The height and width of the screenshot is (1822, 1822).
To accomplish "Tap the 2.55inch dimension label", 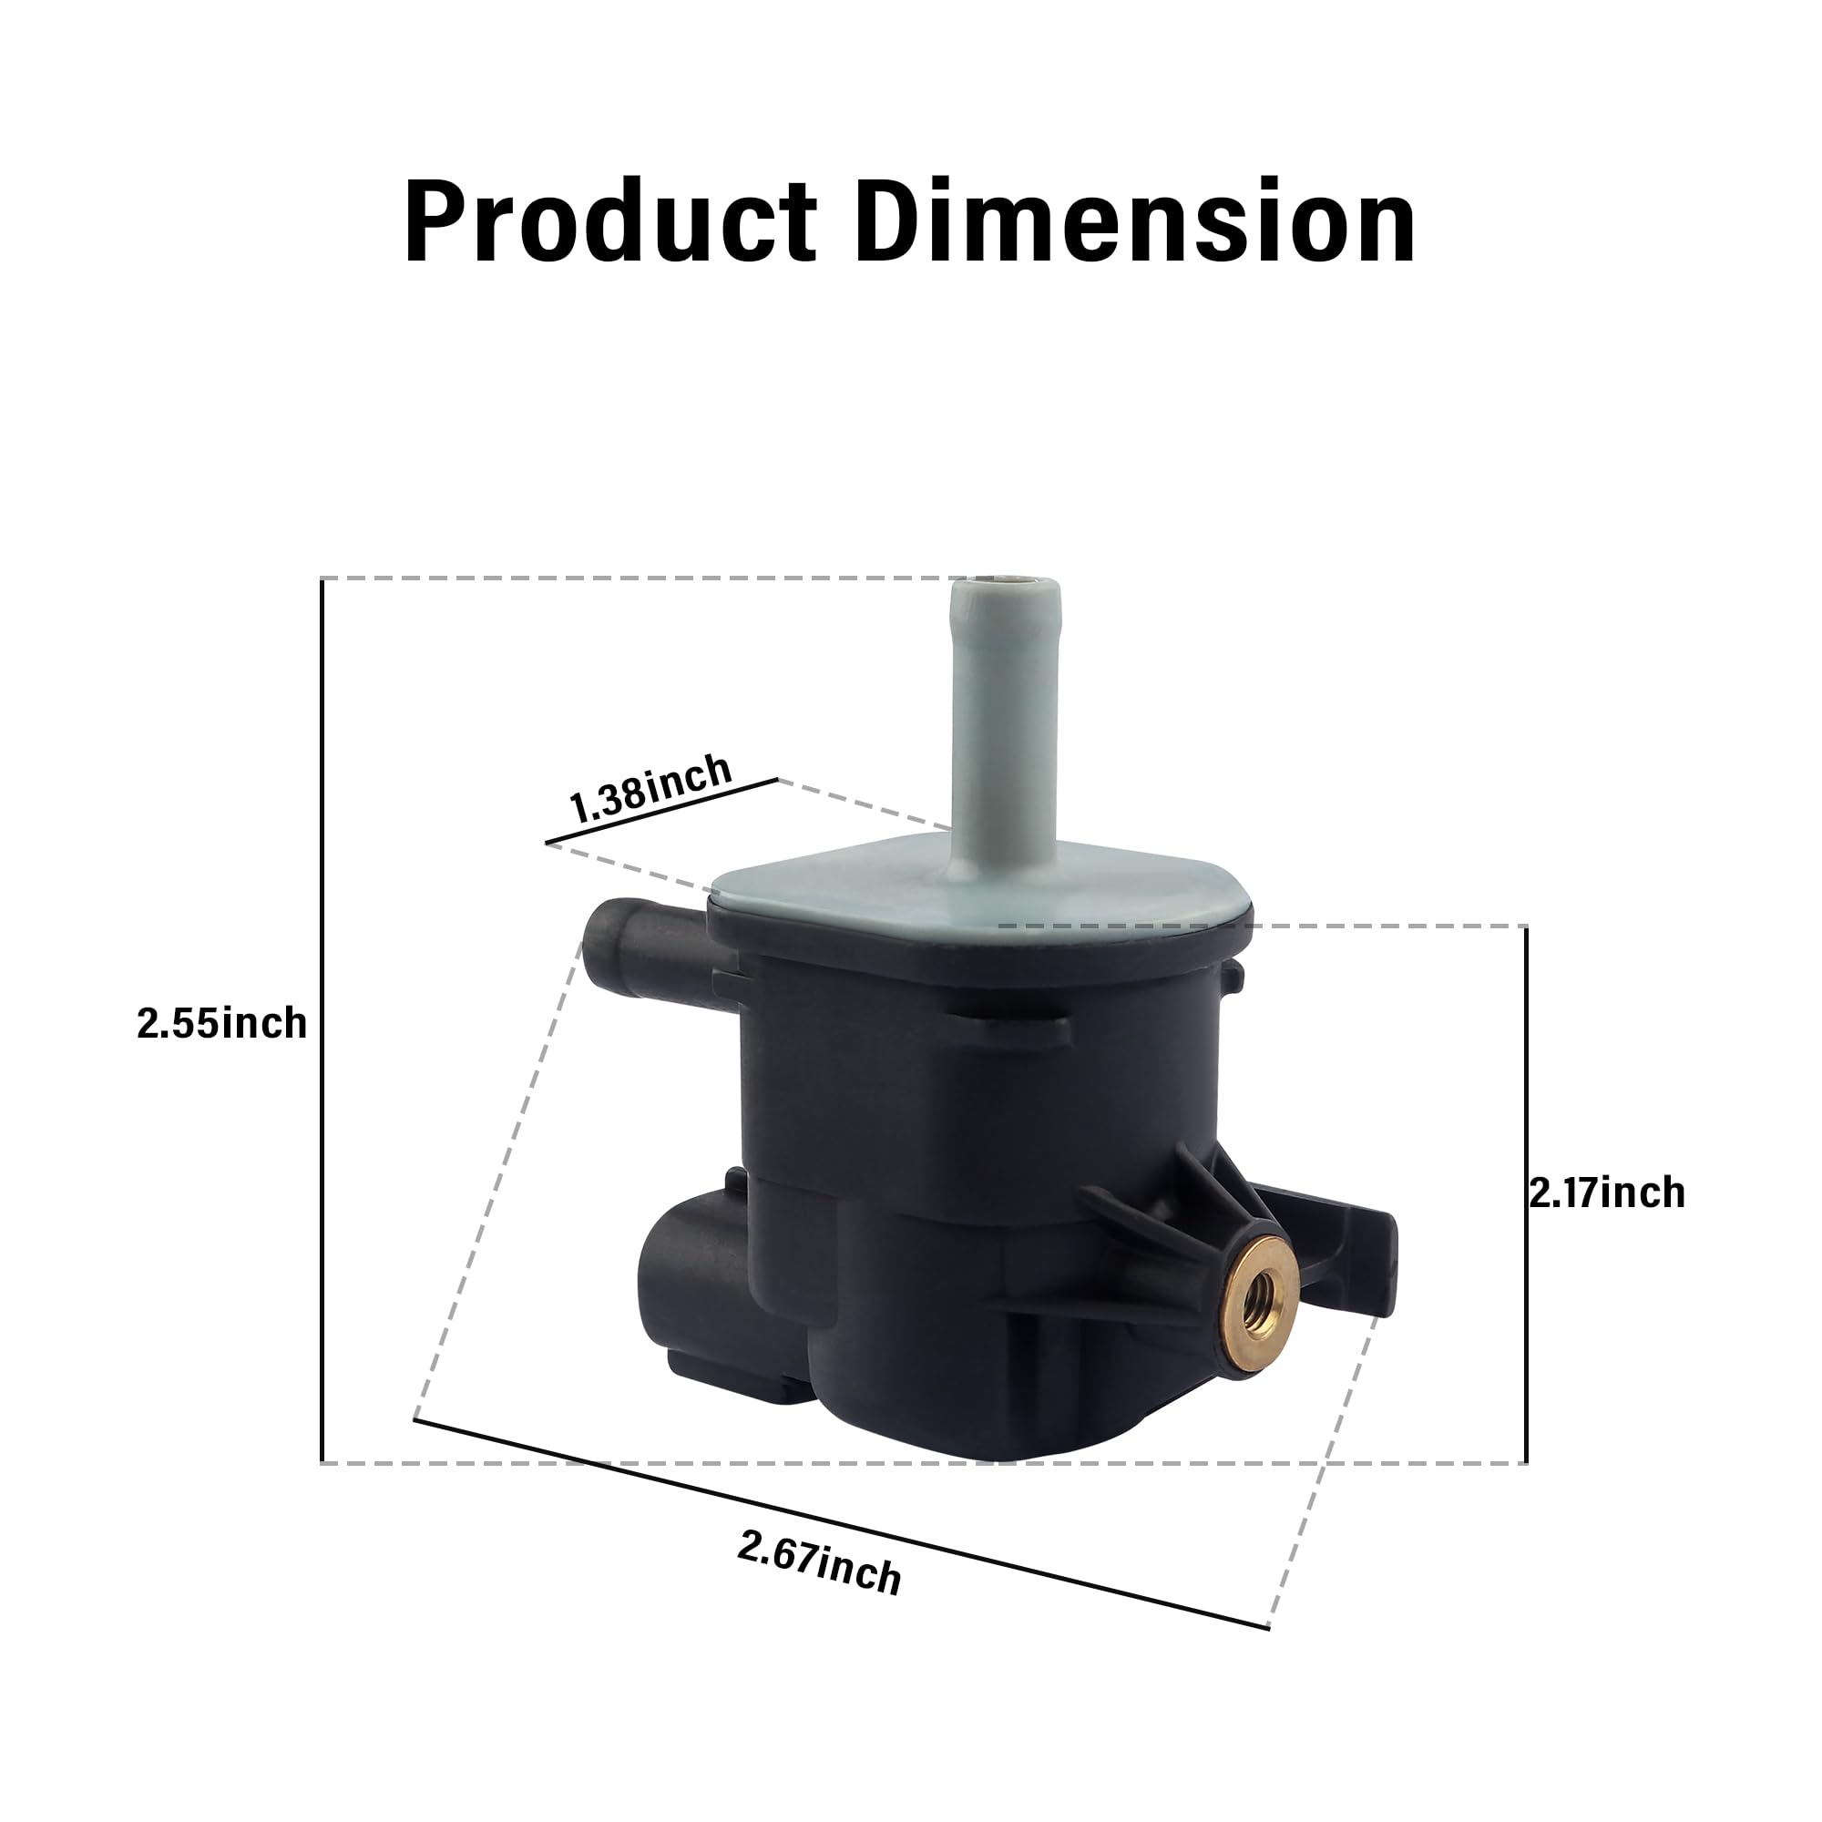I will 221,1023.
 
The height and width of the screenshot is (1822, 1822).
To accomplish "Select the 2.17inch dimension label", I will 1606,1193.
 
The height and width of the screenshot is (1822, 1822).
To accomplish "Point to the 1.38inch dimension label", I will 650,788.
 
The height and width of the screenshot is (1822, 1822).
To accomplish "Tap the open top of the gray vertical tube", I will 1006,583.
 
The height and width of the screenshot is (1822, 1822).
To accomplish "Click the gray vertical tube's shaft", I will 1006,717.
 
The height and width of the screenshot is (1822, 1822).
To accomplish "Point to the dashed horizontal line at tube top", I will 641,578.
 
